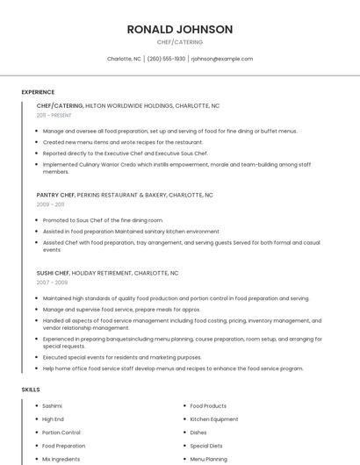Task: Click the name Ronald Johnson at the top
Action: coord(180,29)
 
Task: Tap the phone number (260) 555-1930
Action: coord(166,59)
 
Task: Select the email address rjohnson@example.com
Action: coord(221,59)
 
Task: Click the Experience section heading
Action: coord(38,92)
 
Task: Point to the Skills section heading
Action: coord(31,389)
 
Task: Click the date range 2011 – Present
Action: coord(54,116)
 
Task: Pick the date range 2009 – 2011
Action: coord(50,204)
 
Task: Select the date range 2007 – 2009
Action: coord(52,283)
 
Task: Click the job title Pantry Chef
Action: coord(55,195)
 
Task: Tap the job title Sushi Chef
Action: coord(53,273)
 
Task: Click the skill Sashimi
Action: coord(53,406)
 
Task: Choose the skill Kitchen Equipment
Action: coord(213,419)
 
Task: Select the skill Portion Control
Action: coord(61,433)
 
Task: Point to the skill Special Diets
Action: coord(207,446)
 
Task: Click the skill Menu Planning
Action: coord(208,459)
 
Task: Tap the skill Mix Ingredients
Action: coord(61,459)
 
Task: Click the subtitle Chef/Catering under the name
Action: coord(180,42)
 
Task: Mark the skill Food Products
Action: coord(208,406)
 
